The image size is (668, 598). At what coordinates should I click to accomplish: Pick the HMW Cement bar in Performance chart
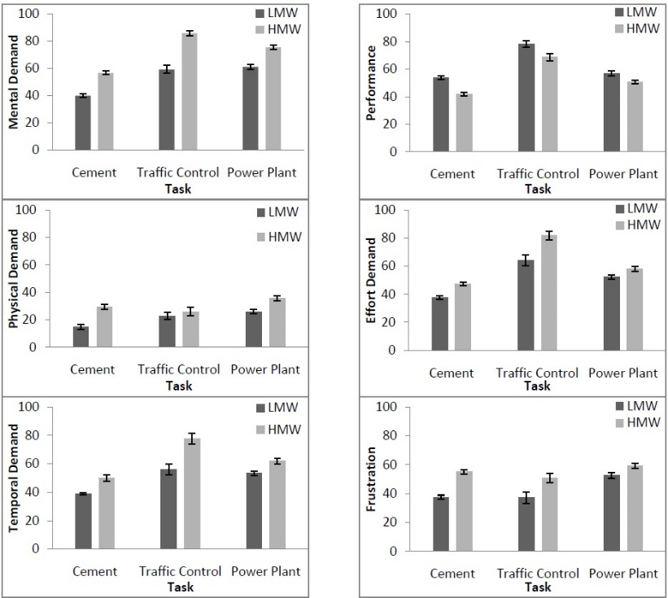464,123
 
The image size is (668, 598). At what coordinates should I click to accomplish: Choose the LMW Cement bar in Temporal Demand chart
83,522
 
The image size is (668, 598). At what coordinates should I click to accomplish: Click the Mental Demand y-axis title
14,82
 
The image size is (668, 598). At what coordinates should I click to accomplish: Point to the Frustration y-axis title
372,479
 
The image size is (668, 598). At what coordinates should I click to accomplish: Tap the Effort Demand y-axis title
372,279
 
